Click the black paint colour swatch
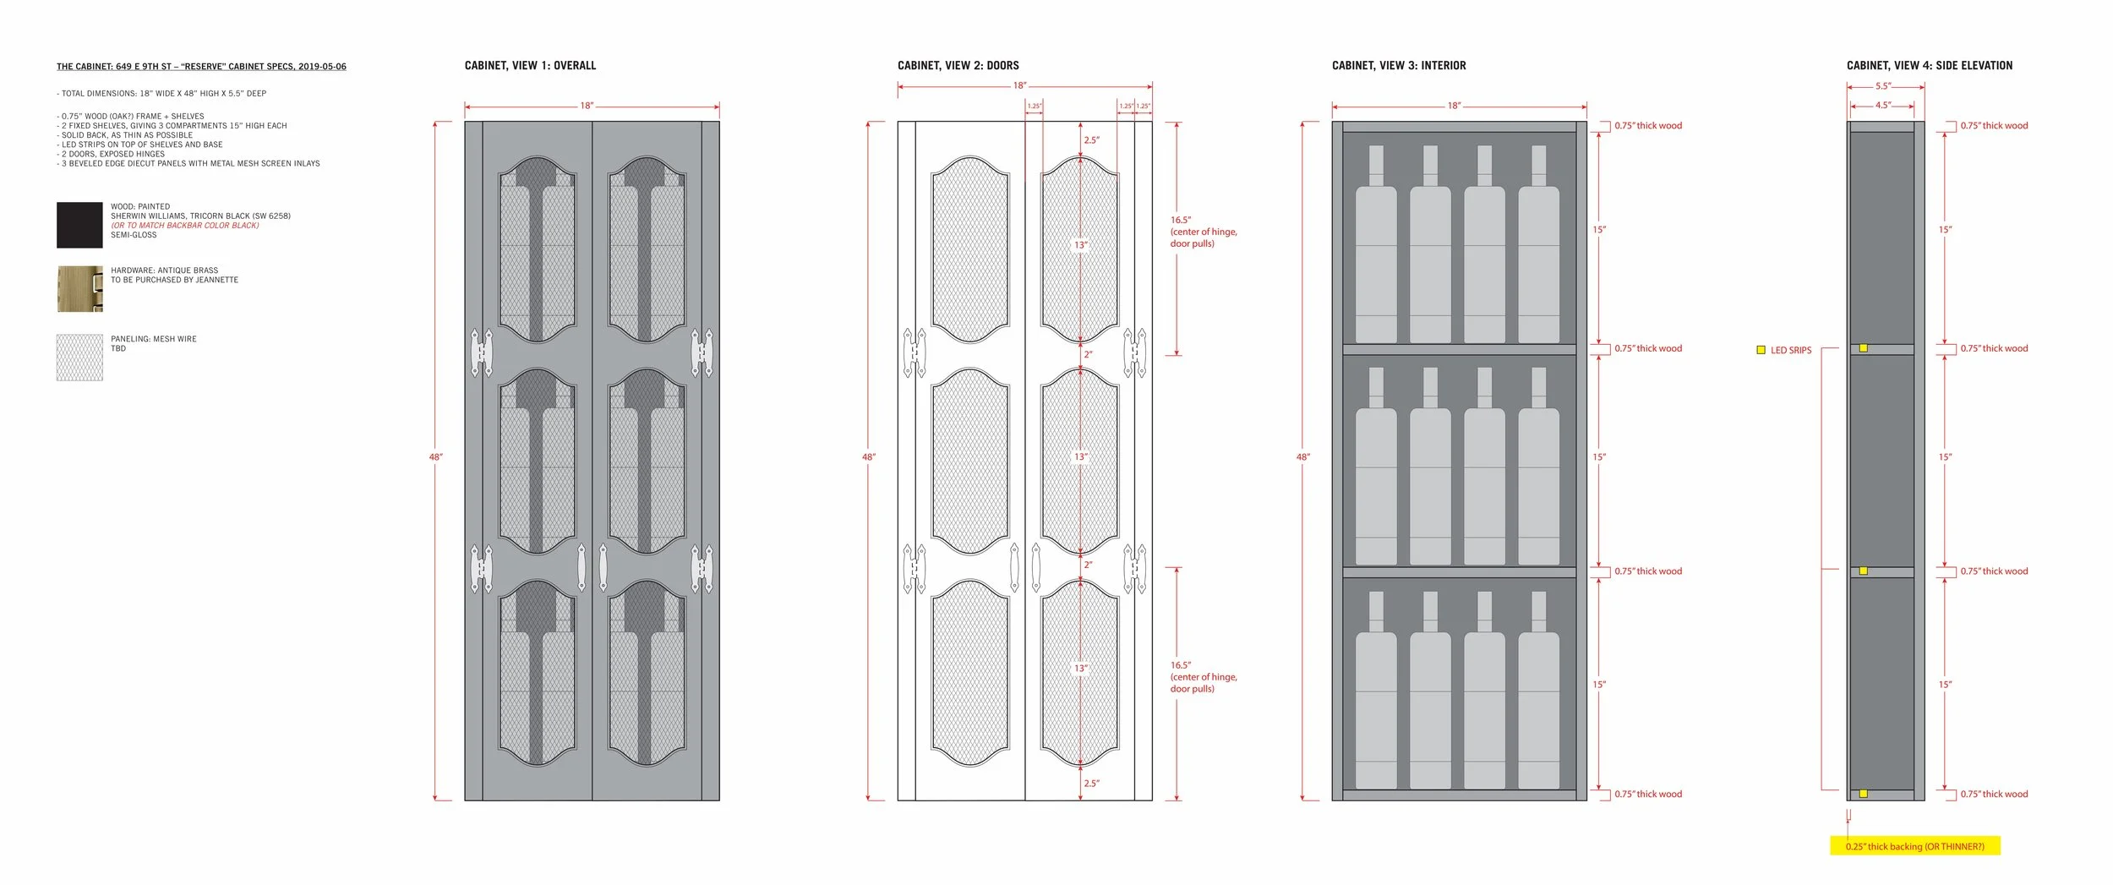pos(79,225)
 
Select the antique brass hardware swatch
pos(79,289)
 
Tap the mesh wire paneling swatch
pos(79,358)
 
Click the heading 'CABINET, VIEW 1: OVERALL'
pos(530,66)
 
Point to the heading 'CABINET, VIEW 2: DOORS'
pos(958,66)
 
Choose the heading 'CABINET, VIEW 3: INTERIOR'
pos(1399,66)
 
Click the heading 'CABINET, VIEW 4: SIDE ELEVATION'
pos(1930,66)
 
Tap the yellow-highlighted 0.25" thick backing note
pos(1915,846)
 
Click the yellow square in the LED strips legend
pos(1761,350)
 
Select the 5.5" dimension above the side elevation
pos(1883,86)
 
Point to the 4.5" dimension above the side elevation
pos(1883,106)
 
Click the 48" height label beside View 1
pos(436,457)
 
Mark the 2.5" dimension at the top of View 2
pos(1092,140)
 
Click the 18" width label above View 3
pos(1455,107)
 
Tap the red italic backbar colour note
pos(185,226)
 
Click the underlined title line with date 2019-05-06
pos(201,67)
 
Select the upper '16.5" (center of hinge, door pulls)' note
pos(1204,232)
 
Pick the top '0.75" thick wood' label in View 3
pos(1648,126)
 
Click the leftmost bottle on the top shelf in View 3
pos(1376,244)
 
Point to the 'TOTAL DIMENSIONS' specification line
pos(161,94)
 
